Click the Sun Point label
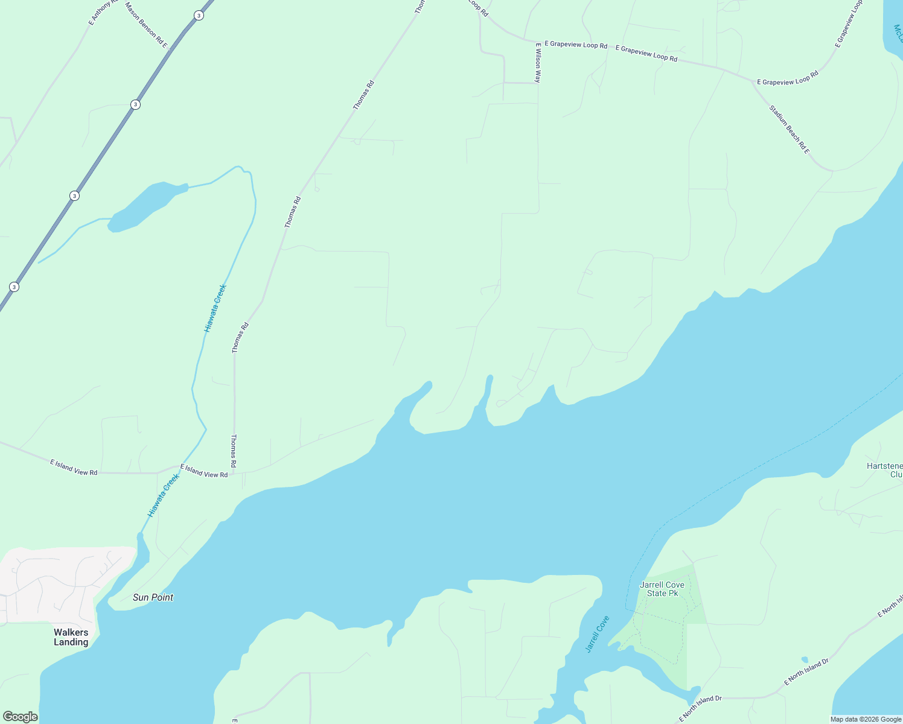153,597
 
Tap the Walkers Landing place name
71,637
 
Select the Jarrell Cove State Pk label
662,589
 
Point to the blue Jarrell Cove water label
598,634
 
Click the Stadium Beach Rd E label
789,129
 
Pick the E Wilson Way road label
537,62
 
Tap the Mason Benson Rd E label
145,24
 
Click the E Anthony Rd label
100,12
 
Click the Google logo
20,717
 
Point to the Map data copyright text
866,719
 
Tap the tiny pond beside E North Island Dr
804,659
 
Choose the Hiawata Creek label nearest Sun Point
164,495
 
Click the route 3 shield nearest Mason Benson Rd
199,15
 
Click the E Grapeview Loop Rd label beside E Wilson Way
575,45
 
